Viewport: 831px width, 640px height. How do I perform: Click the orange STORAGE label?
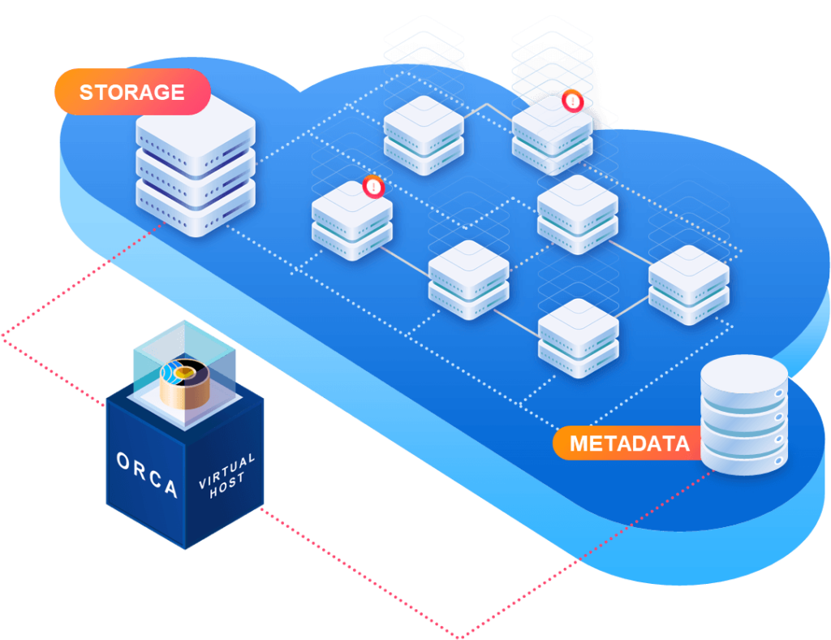click(x=131, y=92)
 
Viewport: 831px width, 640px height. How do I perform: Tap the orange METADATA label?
click(x=629, y=443)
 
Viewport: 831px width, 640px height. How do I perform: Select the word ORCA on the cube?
click(x=146, y=474)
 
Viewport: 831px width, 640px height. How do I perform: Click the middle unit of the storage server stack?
click(x=196, y=167)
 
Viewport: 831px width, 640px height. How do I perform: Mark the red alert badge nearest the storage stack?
click(x=372, y=186)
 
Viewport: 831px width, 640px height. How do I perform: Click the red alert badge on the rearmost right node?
click(x=572, y=102)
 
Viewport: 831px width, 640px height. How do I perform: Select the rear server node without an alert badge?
click(x=423, y=133)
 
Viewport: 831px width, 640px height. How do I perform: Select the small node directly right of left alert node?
click(x=468, y=279)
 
